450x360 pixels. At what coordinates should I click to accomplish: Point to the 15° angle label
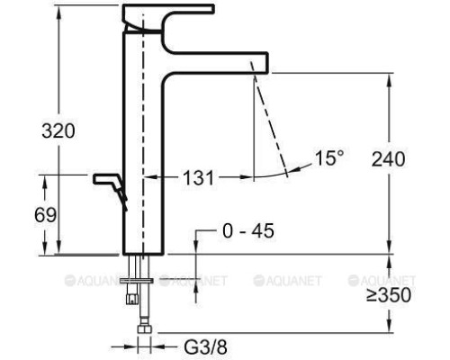328,158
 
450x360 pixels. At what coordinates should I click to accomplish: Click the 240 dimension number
388,159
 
